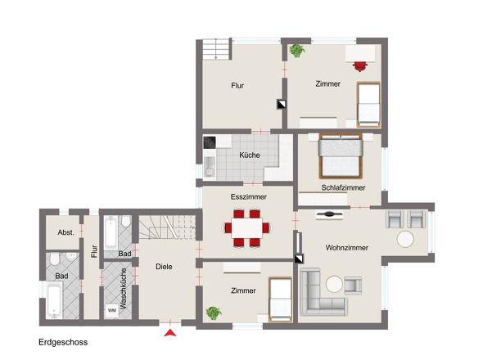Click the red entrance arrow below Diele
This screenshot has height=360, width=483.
pos(170,333)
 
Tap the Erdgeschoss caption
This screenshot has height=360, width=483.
pos(63,342)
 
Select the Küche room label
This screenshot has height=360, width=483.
pos(250,155)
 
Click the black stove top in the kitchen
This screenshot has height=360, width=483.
pos(210,142)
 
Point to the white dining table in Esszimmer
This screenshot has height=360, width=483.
pos(246,228)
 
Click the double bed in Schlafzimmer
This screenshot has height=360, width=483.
pos(341,155)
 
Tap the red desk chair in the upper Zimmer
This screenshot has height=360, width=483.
pos(359,66)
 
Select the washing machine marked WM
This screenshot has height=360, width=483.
pos(112,310)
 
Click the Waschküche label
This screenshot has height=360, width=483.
pos(124,289)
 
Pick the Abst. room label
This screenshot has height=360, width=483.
pos(66,232)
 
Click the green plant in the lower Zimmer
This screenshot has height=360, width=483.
pos(214,313)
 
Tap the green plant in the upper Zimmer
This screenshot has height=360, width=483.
pos(297,51)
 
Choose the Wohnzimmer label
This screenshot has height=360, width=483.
pos(347,248)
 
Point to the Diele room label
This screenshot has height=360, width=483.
pos(164,267)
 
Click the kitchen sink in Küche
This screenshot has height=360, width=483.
pos(210,166)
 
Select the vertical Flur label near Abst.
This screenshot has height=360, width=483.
pos(94,251)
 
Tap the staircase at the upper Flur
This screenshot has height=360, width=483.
pos(217,49)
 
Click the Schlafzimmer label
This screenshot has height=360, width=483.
pos(343,187)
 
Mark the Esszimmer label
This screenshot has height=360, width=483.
pos(249,197)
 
